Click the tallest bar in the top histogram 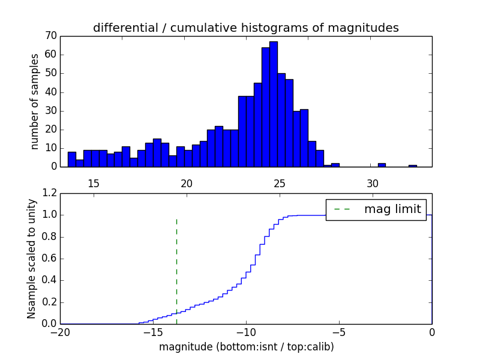273,104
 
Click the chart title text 245,28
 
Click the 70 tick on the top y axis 50,36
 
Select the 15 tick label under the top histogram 94,183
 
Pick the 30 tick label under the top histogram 373,183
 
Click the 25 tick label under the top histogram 280,183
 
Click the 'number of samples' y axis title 35,101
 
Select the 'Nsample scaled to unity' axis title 32,259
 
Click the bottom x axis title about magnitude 246,347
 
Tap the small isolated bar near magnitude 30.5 382,165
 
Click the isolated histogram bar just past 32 413,166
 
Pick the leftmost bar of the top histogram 72,159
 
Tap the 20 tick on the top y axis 50,130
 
